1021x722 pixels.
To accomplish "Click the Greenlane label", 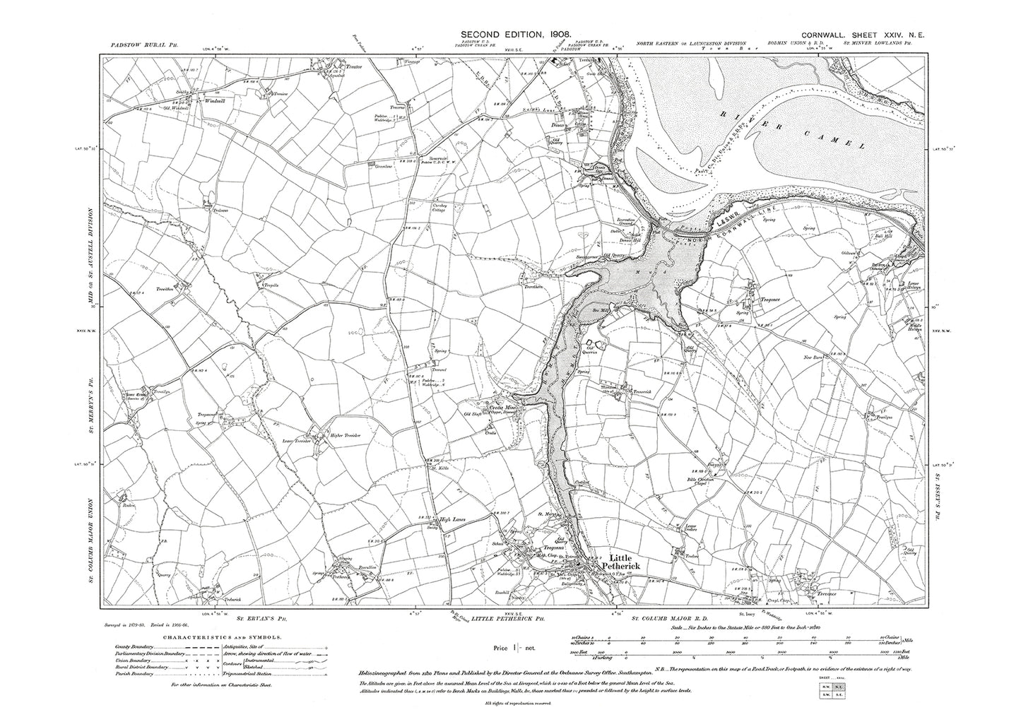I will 376,165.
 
